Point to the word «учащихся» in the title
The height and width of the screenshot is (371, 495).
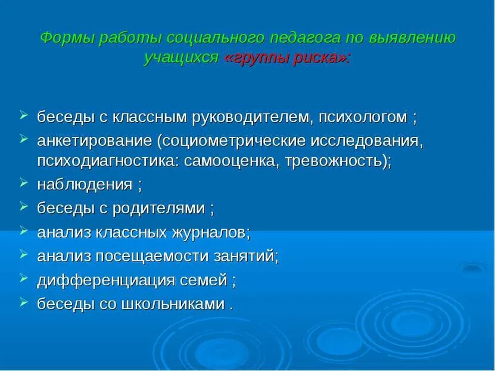181,58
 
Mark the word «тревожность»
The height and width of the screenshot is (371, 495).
334,161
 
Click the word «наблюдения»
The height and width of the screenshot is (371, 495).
85,185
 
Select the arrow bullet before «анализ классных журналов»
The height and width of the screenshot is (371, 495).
23,230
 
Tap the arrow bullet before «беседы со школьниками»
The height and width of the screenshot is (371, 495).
23,302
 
